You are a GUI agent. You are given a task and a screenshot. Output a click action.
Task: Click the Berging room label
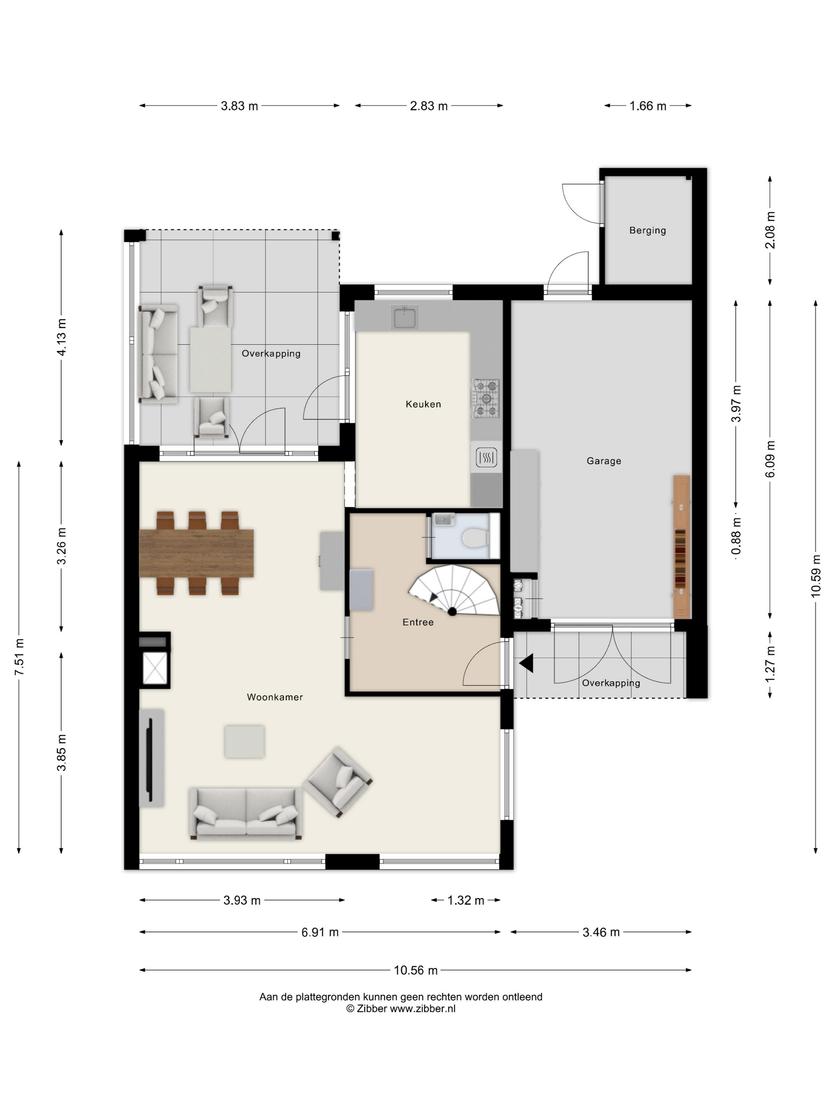647,231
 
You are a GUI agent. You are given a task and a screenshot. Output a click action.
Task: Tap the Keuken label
423,404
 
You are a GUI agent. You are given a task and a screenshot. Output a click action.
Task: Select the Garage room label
604,461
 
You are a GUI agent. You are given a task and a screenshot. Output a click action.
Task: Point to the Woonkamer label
275,697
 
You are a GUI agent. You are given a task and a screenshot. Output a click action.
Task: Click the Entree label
418,622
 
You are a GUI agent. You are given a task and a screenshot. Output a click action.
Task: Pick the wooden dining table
196,553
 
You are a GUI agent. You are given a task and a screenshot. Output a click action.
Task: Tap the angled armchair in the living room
337,782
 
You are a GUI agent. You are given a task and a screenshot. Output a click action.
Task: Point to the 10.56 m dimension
415,970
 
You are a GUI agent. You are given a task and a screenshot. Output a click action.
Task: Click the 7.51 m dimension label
19,657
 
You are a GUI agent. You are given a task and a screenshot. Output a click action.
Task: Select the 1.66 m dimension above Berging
648,106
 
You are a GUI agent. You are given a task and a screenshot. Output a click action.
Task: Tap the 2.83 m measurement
429,106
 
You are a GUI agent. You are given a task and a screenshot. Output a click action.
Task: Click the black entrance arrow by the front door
526,663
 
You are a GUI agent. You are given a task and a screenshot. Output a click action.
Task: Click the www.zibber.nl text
422,1008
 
